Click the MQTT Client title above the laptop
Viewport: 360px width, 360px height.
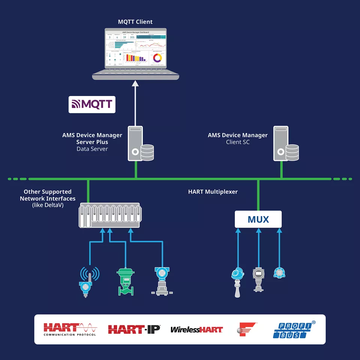tap(135, 22)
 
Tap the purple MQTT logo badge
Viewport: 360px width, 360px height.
tap(92, 105)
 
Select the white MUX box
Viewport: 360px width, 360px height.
tap(258, 219)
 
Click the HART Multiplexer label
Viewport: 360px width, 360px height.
tap(213, 192)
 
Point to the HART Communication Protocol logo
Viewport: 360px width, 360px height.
tap(70, 329)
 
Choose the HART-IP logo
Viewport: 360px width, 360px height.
tap(134, 329)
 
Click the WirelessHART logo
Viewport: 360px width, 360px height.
tap(196, 330)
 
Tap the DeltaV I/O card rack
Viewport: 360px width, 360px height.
tap(109, 215)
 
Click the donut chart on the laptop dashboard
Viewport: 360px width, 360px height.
tap(157, 58)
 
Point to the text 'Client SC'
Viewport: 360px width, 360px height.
tap(238, 142)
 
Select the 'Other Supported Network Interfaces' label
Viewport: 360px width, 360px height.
tap(48, 195)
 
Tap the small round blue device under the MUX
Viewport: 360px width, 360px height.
tap(279, 273)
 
